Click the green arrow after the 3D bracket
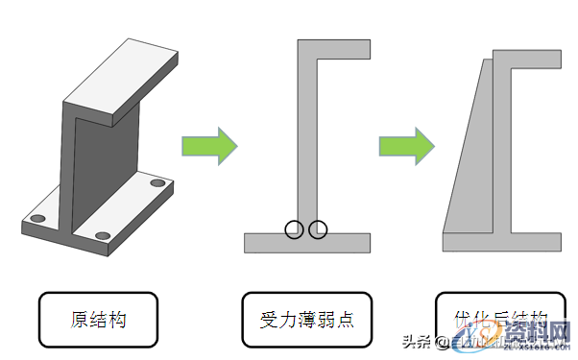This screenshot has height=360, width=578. tap(208, 146)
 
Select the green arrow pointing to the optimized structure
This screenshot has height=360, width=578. tap(405, 146)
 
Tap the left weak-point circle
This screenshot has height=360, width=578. tap(294, 228)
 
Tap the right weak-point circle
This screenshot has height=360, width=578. tap(318, 228)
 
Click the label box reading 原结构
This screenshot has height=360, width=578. tap(98, 320)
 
